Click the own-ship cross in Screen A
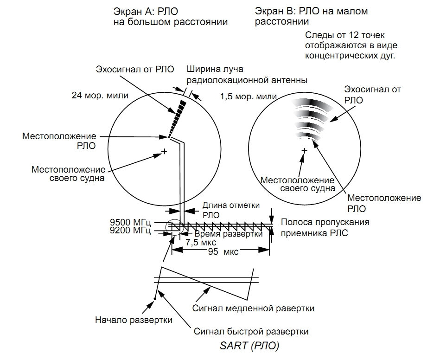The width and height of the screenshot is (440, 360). click(x=164, y=151)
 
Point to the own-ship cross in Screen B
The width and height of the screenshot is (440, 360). click(x=304, y=151)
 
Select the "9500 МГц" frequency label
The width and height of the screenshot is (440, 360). click(x=138, y=222)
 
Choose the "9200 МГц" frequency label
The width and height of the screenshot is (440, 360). click(x=138, y=230)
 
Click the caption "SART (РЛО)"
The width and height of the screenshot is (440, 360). click(x=249, y=346)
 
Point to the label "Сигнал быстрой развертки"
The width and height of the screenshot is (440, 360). click(x=251, y=332)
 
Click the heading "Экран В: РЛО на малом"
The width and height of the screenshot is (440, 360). click(x=311, y=11)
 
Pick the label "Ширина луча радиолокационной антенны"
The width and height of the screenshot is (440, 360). click(x=247, y=75)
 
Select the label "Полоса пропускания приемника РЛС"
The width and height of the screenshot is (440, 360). click(x=325, y=227)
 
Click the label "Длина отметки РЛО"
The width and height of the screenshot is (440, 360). click(x=231, y=210)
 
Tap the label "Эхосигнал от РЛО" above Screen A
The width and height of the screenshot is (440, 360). click(x=135, y=70)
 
